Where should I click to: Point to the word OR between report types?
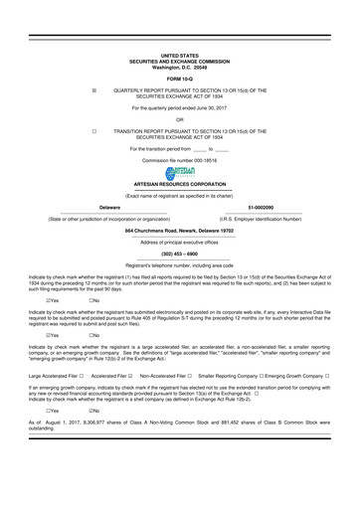[x=179, y=118]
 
